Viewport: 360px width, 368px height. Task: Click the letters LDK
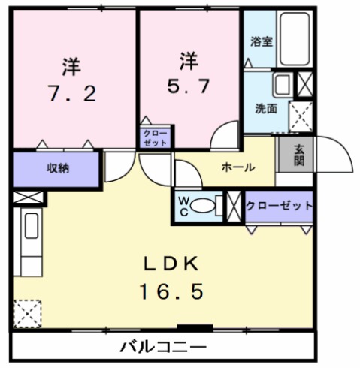(172, 264)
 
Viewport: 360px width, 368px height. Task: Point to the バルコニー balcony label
(163, 348)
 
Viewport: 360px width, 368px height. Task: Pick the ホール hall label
(237, 167)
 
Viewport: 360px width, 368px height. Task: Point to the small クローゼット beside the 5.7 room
(156, 137)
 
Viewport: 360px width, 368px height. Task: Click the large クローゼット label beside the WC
(279, 205)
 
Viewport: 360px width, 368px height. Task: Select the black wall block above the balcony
(194, 327)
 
